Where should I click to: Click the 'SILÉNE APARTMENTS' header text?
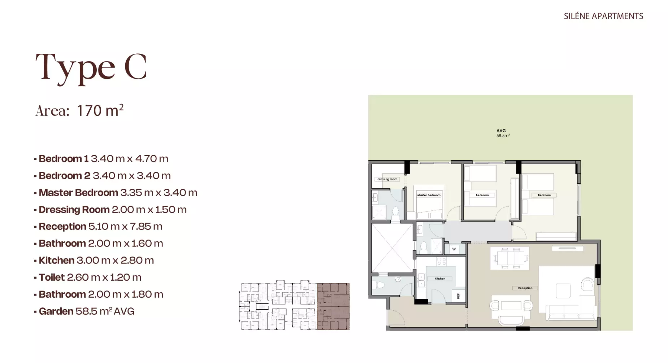[603, 16]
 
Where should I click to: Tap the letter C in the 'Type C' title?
[135, 67]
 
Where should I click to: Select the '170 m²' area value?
[100, 110]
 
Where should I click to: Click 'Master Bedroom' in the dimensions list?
[78, 192]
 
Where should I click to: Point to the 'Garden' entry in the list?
[56, 311]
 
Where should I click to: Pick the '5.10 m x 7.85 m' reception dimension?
[125, 226]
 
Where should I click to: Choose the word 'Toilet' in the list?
[52, 277]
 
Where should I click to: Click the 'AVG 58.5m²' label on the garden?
[503, 133]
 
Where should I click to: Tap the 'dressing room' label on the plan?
[387, 179]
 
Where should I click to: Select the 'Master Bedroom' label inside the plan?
[429, 195]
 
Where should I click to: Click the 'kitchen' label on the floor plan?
[440, 279]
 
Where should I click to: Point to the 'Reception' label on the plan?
[525, 288]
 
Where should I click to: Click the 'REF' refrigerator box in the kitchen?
[458, 296]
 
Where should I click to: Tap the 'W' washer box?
[454, 249]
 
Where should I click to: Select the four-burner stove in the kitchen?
[441, 261]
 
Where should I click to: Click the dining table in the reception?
[509, 258]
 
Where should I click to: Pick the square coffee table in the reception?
[563, 291]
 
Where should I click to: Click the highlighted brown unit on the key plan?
[333, 306]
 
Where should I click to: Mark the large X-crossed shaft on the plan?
[392, 248]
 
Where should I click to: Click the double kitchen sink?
[421, 281]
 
